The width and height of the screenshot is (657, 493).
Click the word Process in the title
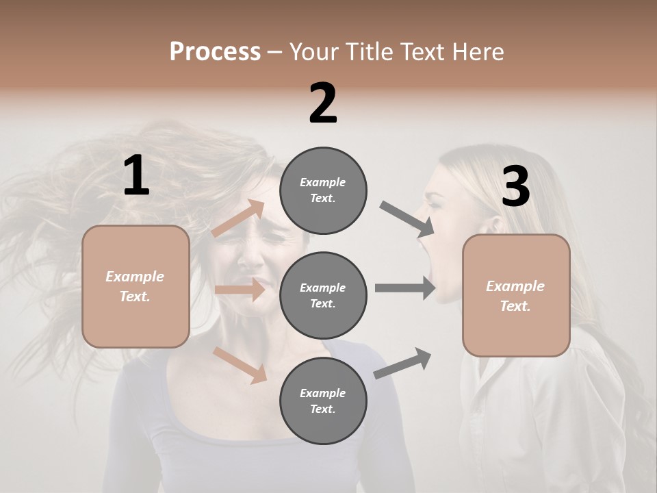[x=215, y=52]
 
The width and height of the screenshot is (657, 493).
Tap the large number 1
[x=136, y=177]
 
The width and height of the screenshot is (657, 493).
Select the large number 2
[x=323, y=103]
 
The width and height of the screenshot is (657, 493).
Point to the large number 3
[x=515, y=187]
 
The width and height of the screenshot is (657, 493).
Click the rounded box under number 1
[x=136, y=286]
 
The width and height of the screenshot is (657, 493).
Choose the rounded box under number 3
[x=516, y=296]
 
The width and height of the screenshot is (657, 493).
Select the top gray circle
[x=323, y=190]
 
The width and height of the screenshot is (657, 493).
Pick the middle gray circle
[x=323, y=295]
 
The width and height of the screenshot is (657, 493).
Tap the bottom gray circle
[x=323, y=401]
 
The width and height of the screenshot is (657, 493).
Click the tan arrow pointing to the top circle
[x=239, y=218]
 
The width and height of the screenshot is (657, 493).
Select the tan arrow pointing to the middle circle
[x=240, y=290]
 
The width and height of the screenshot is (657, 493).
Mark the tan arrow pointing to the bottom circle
[x=240, y=364]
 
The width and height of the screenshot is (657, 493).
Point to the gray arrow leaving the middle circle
[x=405, y=288]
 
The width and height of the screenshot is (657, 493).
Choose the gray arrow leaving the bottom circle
[x=402, y=363]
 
